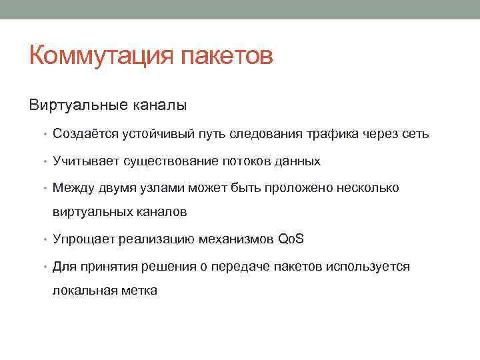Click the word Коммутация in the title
click(x=101, y=55)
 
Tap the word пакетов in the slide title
click(x=227, y=55)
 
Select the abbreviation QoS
click(x=290, y=239)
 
